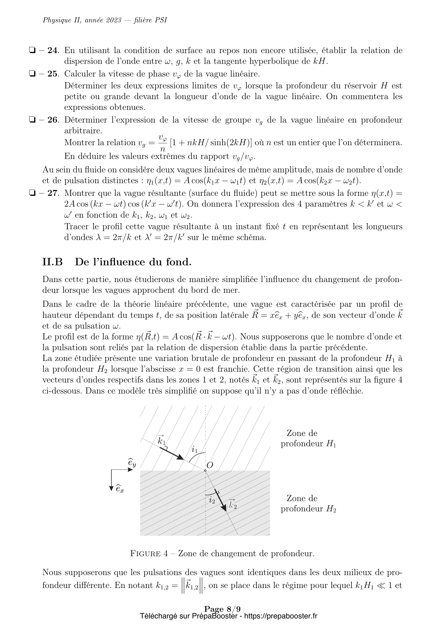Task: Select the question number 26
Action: [53, 120]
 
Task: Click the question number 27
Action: [53, 193]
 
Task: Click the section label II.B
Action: [52, 262]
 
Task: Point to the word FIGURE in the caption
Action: [145, 554]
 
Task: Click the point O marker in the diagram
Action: [205, 471]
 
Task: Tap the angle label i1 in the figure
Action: [195, 450]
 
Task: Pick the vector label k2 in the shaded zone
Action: [233, 504]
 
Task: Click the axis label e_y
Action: [132, 463]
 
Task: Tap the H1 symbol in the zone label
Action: [331, 444]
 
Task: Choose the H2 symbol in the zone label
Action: [331, 509]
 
